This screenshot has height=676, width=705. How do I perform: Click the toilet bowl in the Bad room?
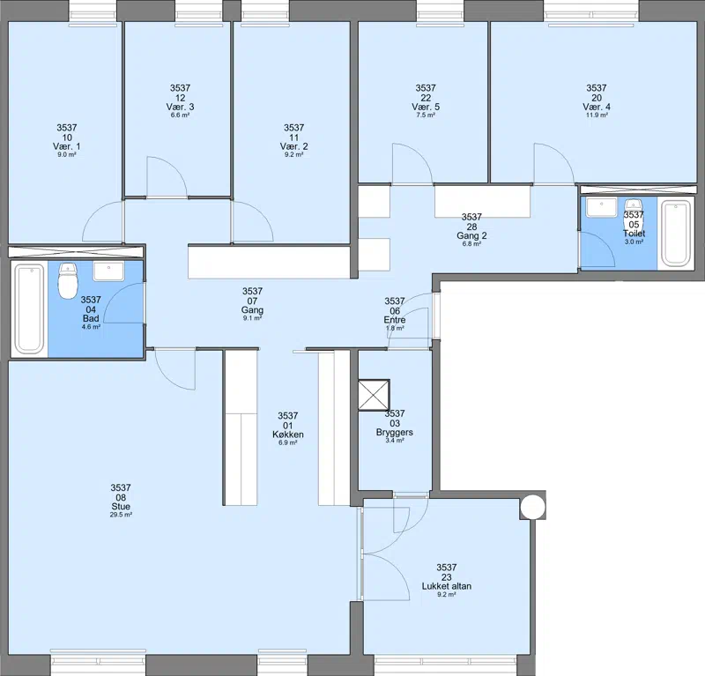[x=68, y=281]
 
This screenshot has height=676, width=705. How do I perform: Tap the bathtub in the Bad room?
[x=30, y=309]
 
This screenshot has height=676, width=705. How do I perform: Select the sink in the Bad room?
[x=108, y=271]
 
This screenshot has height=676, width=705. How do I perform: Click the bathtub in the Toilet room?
[x=676, y=233]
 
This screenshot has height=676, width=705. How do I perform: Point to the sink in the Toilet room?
[x=602, y=207]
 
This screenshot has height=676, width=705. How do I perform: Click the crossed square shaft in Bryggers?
[x=374, y=395]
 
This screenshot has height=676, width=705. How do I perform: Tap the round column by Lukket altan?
[x=533, y=507]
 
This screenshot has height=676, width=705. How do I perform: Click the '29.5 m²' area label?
[x=121, y=515]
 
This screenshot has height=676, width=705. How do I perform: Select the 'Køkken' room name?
[x=288, y=435]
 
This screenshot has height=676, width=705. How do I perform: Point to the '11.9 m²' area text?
[x=597, y=115]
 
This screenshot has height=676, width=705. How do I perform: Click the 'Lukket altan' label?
[x=447, y=586]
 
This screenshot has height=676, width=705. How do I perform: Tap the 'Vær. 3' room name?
[x=180, y=107]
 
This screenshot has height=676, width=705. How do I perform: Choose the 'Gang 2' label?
[x=471, y=235]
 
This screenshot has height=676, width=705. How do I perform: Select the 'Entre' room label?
[x=394, y=320]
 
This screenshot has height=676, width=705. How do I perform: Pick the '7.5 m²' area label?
[x=426, y=115]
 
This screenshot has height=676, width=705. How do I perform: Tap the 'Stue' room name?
[x=121, y=507]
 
